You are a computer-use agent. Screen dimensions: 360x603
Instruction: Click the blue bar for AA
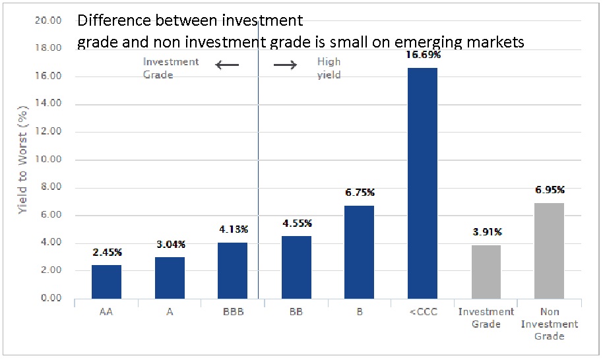pos(106,282)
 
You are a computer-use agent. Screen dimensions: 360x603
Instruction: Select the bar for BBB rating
pos(232,270)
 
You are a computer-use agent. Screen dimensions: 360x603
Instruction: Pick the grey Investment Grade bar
pos(486,272)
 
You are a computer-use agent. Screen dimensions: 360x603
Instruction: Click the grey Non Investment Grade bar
pos(549,251)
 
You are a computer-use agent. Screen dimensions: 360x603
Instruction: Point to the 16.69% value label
pos(423,55)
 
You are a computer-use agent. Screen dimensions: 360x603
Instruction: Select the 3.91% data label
pos(486,232)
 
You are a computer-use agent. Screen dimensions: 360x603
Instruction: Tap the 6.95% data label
pos(549,190)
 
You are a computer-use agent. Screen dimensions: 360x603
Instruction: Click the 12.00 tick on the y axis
pos(49,132)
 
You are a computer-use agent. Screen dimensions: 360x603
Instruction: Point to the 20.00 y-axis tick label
pos(49,20)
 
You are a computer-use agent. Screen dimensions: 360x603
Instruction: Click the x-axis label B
pos(360,312)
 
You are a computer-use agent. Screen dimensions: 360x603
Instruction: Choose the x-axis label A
pos(170,312)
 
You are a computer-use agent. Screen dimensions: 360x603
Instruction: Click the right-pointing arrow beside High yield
pos(285,65)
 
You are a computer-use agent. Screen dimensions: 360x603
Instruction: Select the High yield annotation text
pos(329,69)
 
